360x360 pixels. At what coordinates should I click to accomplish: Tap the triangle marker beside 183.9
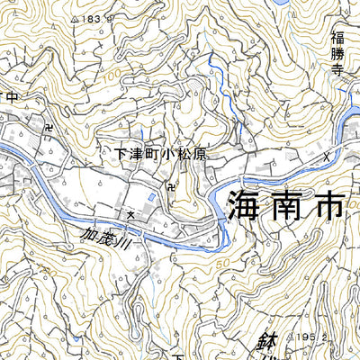point(73,18)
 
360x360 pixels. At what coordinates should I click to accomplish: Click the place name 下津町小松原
point(162,154)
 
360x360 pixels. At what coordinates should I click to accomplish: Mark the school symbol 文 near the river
point(130,215)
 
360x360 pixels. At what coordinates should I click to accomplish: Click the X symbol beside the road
point(326,156)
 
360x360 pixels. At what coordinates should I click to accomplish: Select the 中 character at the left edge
point(11,96)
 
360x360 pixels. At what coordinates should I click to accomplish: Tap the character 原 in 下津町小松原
point(200,154)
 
